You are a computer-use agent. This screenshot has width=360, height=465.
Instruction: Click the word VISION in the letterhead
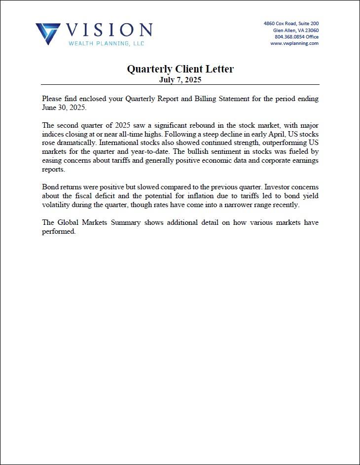pos(109,30)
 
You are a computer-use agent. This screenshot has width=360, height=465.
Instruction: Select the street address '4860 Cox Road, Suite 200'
pos(291,23)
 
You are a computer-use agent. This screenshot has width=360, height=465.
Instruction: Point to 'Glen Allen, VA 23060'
pos(296,30)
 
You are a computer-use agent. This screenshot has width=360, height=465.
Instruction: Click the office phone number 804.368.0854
pos(289,36)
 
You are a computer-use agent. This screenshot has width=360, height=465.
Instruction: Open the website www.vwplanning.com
pos(294,43)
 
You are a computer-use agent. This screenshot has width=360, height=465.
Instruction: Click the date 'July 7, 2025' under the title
pos(180,79)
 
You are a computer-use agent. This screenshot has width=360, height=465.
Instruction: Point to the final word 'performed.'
pos(59,232)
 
